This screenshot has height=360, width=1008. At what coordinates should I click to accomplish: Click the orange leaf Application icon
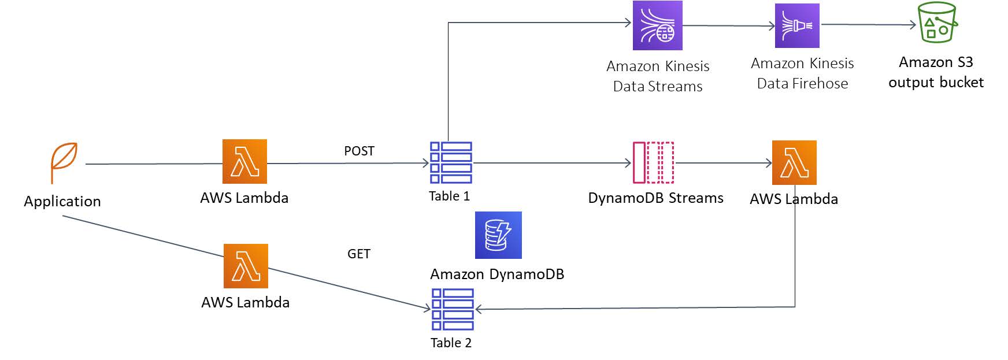click(64, 163)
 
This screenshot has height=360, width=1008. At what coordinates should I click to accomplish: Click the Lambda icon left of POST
click(244, 161)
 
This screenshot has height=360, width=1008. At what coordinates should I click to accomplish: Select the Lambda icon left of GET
click(246, 266)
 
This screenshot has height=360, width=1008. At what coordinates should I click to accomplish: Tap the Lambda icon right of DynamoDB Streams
click(794, 162)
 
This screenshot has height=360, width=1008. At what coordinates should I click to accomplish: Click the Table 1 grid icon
click(451, 162)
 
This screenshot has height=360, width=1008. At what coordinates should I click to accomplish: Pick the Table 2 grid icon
click(453, 309)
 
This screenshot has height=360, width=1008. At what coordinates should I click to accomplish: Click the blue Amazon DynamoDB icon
click(498, 235)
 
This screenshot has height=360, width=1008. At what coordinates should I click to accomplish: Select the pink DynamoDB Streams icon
click(653, 162)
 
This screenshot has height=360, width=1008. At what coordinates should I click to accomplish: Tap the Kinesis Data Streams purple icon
click(657, 25)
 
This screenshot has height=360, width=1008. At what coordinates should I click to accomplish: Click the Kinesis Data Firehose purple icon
click(797, 25)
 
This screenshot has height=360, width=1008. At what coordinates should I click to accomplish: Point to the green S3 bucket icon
click(937, 23)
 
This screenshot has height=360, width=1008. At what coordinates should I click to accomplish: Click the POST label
click(359, 151)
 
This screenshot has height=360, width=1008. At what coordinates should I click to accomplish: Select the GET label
click(358, 254)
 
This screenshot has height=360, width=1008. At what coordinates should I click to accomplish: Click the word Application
click(62, 202)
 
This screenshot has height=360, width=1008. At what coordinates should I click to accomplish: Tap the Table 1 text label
click(449, 196)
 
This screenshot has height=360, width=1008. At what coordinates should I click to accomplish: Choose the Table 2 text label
click(451, 343)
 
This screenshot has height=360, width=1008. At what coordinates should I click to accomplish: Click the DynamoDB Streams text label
click(655, 198)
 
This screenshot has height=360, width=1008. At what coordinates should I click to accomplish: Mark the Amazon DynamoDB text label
click(497, 274)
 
